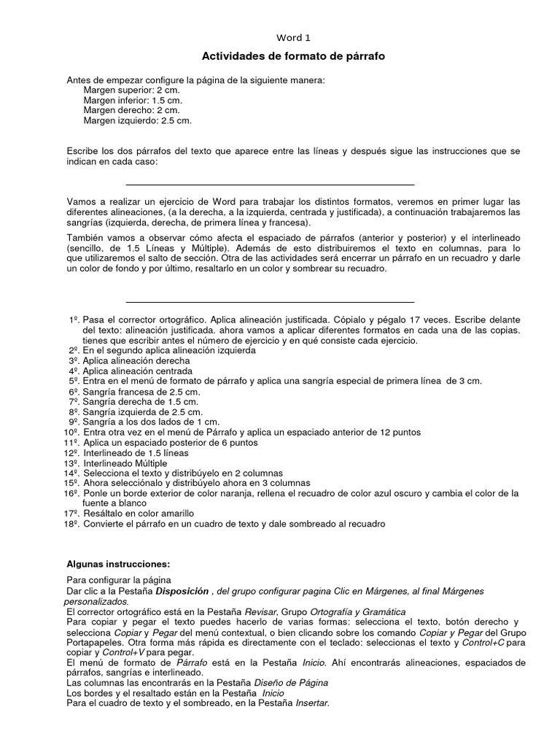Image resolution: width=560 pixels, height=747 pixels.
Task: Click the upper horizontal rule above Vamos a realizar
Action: [x=270, y=185]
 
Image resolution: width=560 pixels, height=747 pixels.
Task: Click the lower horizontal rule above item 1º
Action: [x=270, y=301]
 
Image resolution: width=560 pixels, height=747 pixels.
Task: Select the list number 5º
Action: [x=74, y=382]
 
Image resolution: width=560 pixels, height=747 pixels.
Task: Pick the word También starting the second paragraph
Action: [x=88, y=237]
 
